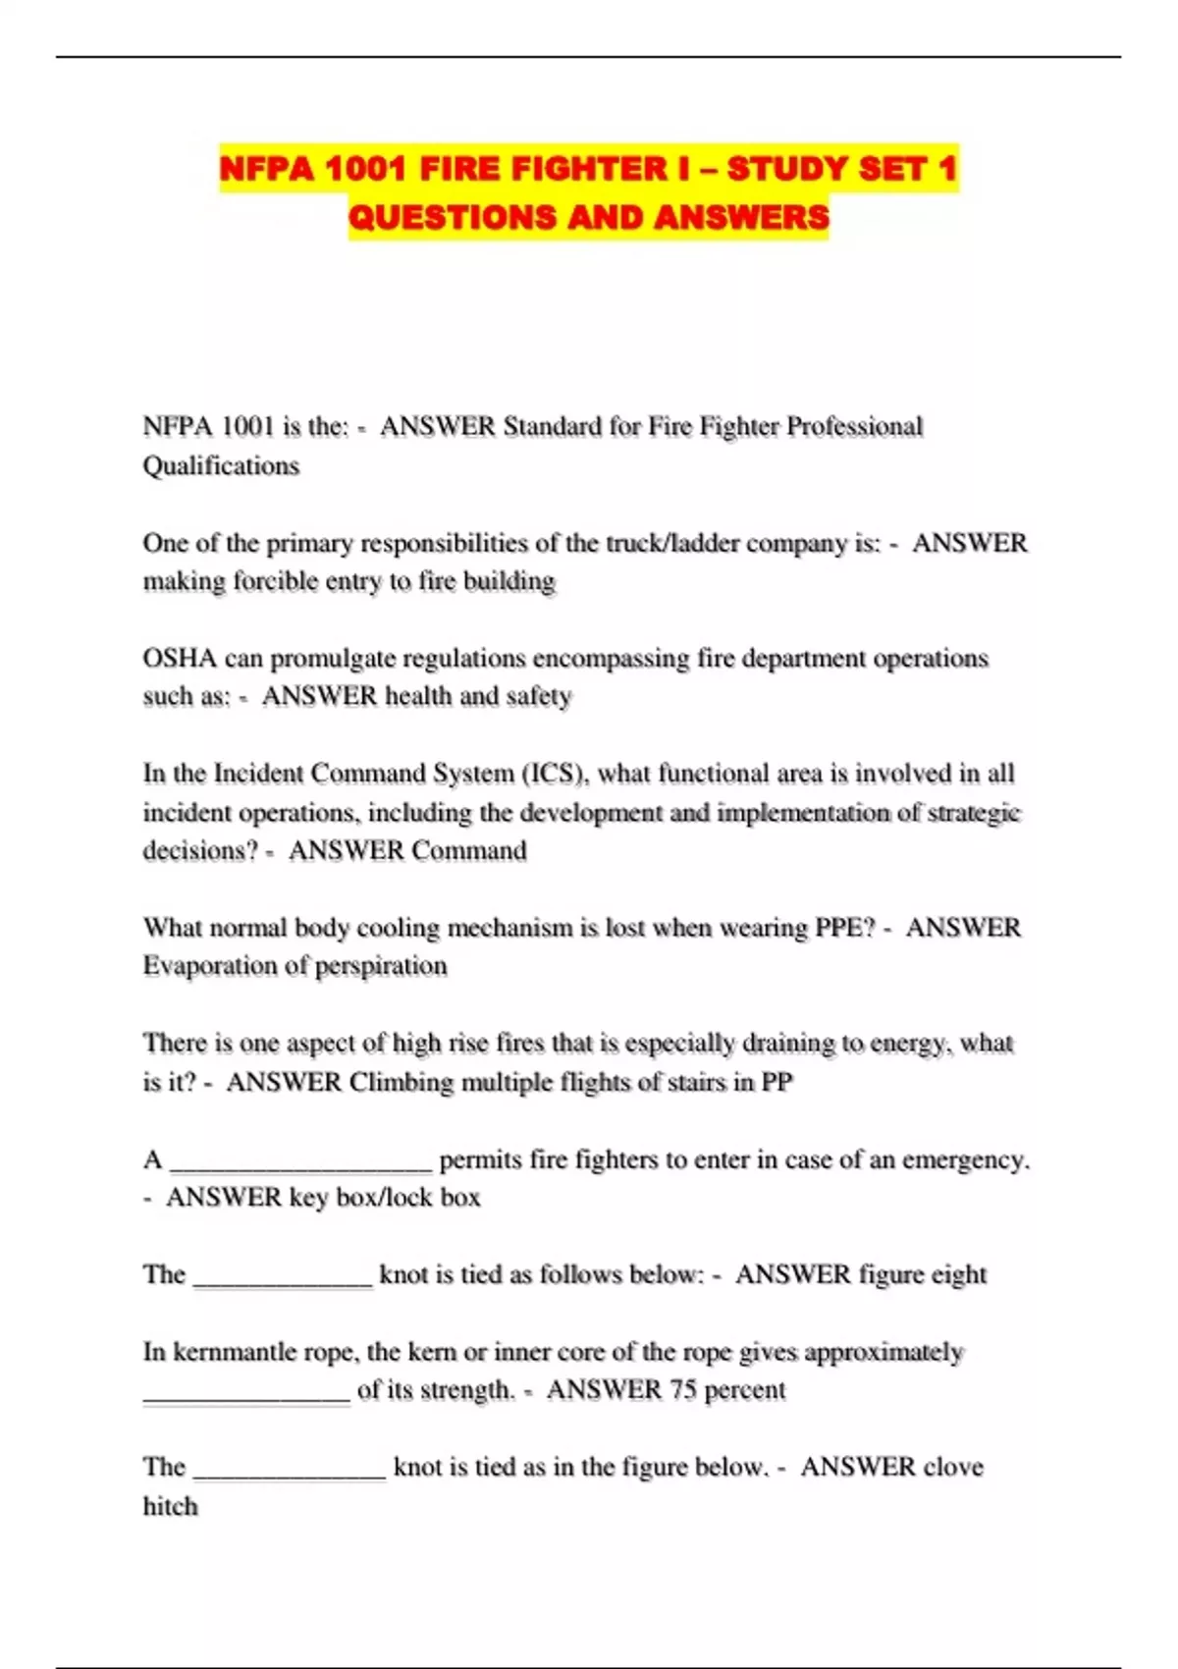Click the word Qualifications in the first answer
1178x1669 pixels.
click(x=221, y=465)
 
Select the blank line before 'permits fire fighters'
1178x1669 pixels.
click(x=301, y=1162)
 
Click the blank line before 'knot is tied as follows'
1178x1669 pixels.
click(x=283, y=1278)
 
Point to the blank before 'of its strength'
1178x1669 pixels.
click(x=246, y=1394)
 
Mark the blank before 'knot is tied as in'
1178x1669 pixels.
click(x=290, y=1471)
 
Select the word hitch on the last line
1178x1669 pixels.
click(x=170, y=1506)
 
